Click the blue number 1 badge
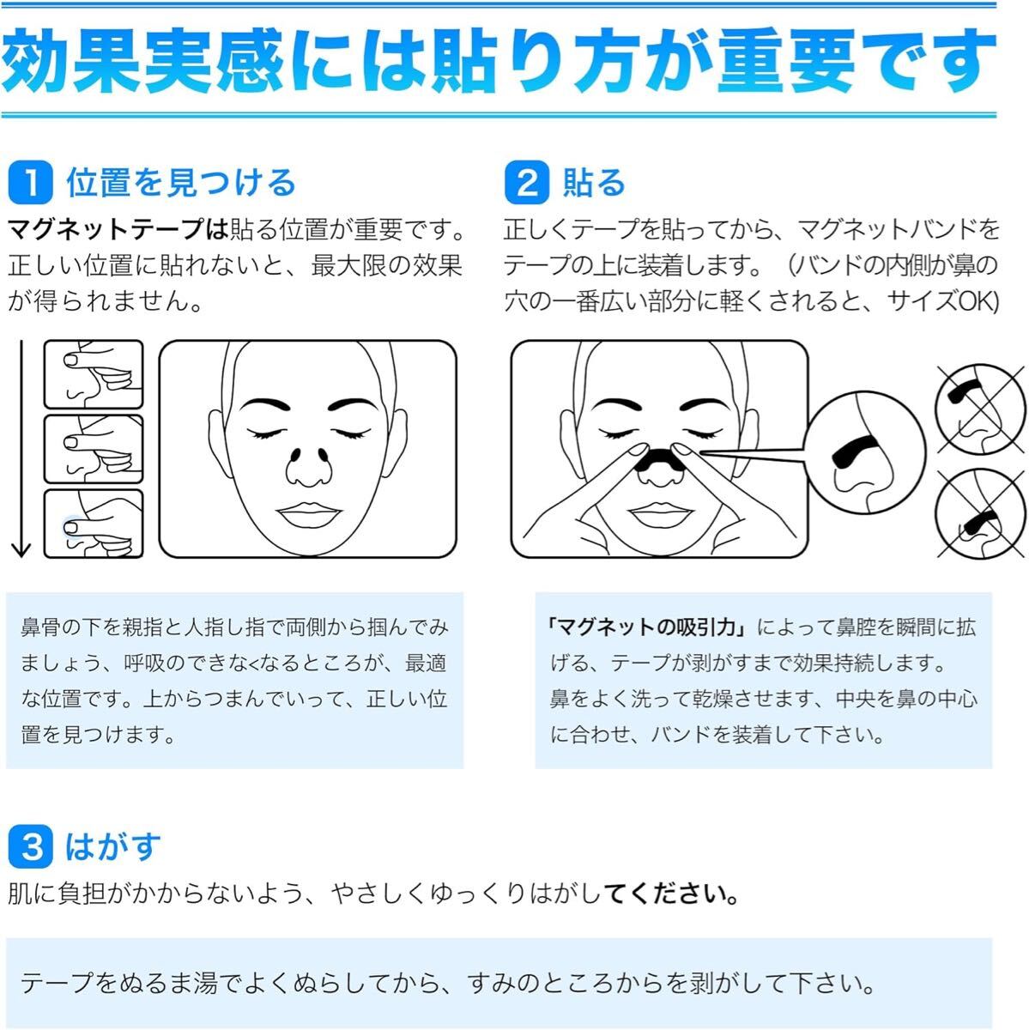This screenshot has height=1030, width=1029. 32,183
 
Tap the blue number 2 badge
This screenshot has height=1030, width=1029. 527,183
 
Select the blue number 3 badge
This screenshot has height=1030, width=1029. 32,846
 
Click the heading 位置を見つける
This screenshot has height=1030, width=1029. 181,183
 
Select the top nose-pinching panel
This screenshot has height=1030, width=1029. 94,374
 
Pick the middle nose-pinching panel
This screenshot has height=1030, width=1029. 94,449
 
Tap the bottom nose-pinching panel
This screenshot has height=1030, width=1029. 94,524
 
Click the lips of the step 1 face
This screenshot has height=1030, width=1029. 307,516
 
